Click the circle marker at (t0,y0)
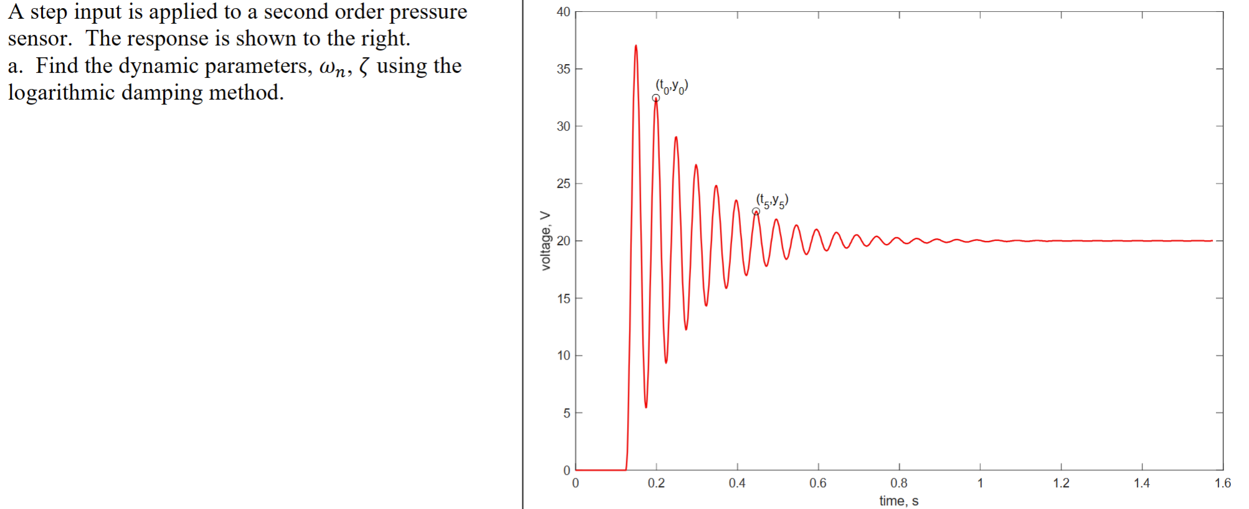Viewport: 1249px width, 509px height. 656,98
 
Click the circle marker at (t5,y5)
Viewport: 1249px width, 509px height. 756,212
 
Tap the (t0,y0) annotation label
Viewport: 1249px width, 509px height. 672,86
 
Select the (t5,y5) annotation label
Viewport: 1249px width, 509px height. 772,200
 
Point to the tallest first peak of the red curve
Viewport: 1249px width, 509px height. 636,45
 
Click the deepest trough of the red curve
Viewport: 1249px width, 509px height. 646,407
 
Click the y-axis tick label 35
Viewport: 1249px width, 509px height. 563,69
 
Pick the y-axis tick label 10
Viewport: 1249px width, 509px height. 563,355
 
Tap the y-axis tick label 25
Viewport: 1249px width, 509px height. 563,184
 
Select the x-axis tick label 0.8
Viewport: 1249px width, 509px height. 898,483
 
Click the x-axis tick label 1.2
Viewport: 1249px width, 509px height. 1061,483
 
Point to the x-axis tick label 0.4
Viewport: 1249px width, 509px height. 737,483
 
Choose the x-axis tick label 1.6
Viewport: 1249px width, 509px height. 1222,483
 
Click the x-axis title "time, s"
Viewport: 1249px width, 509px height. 898,501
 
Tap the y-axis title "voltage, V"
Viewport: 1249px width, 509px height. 545,241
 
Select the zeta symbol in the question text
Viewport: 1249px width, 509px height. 364,67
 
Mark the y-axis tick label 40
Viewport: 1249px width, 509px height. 563,12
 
